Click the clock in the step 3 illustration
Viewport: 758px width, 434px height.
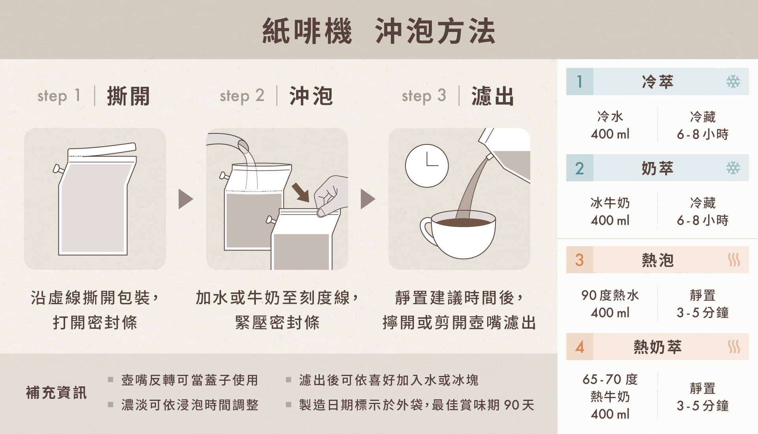point(427,166)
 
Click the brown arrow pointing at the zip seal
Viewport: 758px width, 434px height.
point(300,192)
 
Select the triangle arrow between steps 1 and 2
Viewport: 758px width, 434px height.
point(186,199)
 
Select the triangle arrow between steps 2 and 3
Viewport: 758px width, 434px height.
point(368,199)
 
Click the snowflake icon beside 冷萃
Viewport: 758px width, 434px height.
point(733,82)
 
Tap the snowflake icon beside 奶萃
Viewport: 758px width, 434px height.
point(733,168)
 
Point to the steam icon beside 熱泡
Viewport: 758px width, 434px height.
point(734,260)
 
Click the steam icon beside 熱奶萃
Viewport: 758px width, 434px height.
point(734,347)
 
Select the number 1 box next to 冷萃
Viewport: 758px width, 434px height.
point(580,82)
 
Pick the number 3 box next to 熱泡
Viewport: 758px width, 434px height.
point(580,260)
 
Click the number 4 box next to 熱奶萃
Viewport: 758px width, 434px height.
point(580,347)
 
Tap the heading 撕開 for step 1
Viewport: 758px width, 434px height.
point(128,96)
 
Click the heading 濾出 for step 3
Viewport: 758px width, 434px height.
point(493,96)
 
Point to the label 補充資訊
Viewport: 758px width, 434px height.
point(56,393)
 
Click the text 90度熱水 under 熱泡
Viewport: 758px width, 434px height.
point(610,295)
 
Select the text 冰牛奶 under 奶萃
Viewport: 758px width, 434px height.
point(610,203)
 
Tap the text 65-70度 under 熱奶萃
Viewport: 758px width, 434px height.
point(610,380)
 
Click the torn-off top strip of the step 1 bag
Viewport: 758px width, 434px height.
point(102,150)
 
